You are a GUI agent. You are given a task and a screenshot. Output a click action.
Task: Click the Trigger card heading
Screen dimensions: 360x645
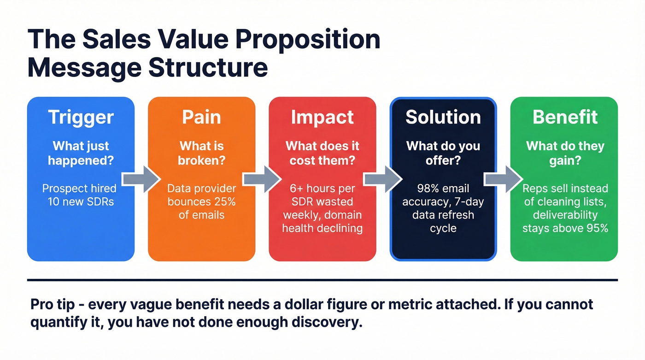(81, 117)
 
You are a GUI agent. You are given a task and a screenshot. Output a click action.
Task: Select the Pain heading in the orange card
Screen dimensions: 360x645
(201, 117)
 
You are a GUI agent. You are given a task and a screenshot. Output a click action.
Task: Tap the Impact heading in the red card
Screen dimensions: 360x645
(322, 117)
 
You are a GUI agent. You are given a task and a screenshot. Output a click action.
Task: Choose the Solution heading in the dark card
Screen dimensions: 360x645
(443, 117)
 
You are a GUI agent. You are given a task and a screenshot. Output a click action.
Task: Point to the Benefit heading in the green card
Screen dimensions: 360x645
(565, 117)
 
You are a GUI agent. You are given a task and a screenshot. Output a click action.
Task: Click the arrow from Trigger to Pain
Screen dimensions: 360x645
(141, 179)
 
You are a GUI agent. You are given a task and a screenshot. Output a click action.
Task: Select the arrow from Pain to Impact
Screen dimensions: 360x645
(262, 179)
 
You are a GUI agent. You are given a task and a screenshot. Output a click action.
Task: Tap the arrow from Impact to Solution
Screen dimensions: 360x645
(382, 179)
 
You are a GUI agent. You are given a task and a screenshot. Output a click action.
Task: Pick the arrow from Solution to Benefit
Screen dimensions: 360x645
(503, 179)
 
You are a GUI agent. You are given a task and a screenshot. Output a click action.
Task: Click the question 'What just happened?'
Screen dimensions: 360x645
(81, 153)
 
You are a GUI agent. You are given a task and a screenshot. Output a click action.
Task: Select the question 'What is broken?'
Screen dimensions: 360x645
(201, 153)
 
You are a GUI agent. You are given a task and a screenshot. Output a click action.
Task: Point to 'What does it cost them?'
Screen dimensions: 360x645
(322, 153)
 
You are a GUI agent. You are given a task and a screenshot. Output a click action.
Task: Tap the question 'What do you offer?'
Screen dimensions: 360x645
(443, 153)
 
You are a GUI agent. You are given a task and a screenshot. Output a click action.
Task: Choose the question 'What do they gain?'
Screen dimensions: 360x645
(565, 153)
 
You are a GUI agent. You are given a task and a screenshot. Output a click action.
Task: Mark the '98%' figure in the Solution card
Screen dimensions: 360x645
(427, 189)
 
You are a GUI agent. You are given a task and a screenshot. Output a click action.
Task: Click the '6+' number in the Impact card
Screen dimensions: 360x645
(296, 189)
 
